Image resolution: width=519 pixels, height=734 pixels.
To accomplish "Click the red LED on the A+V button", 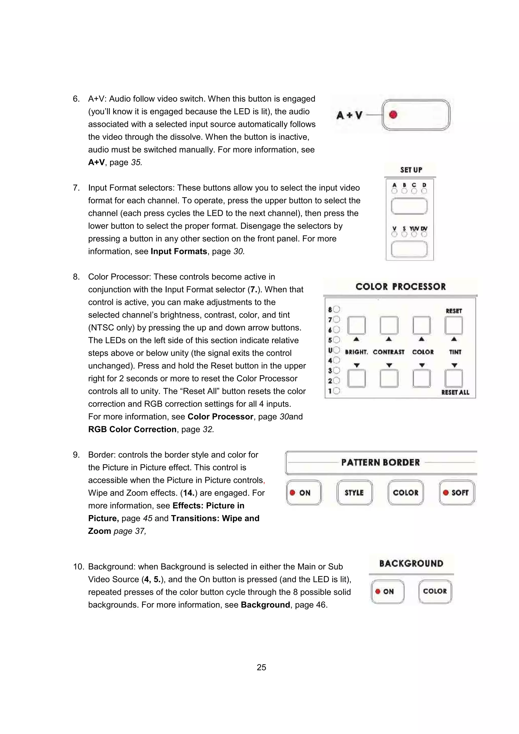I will tap(393, 115).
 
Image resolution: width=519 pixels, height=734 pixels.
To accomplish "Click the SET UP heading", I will tap(411, 170).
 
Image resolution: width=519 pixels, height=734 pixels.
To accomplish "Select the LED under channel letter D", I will tap(424, 191).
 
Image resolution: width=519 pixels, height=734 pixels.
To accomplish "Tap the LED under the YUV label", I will tap(414, 234).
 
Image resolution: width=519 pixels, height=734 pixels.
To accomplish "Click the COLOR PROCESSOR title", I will tap(400, 287).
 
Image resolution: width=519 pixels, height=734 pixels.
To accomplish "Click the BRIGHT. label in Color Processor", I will tap(356, 352).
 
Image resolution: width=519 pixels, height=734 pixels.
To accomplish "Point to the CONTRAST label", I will tap(388, 352).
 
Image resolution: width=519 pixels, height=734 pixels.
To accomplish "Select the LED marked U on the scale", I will tap(336, 350).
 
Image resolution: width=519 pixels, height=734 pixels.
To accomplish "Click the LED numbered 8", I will tap(336, 309).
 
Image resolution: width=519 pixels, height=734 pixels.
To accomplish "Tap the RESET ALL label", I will tap(455, 392).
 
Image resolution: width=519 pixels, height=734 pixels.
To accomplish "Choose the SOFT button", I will tap(457, 493).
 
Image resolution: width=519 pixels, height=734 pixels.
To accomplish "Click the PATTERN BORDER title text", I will tap(380, 462).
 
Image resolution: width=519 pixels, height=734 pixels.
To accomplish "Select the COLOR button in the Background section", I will tap(435, 591).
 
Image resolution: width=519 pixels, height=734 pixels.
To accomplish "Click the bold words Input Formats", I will tap(179, 251).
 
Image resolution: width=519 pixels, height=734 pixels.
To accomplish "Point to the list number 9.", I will tap(76, 455).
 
